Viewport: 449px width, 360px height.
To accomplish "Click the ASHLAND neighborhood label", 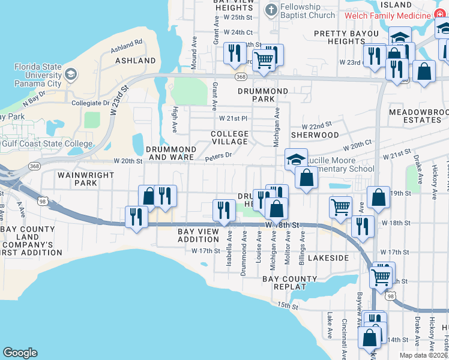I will tap(136, 61).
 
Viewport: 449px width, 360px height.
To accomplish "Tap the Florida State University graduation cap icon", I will tap(71, 74).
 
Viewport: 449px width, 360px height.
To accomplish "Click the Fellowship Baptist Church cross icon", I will tap(271, 10).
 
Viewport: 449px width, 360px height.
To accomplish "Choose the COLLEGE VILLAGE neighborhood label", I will tap(229, 137).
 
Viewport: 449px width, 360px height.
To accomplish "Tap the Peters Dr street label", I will tap(218, 155).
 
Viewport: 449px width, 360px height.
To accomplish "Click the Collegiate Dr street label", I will tap(90, 103).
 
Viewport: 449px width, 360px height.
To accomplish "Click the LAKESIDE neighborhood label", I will tap(328, 257).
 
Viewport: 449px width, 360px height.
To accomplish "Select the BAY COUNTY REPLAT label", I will tap(290, 283).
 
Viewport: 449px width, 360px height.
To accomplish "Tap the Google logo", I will tap(20, 353).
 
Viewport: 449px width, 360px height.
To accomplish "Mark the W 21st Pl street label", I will tap(234, 118).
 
